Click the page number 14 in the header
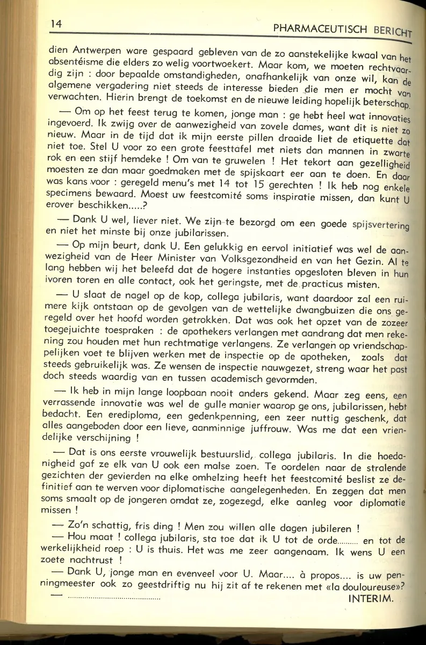(56, 24)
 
